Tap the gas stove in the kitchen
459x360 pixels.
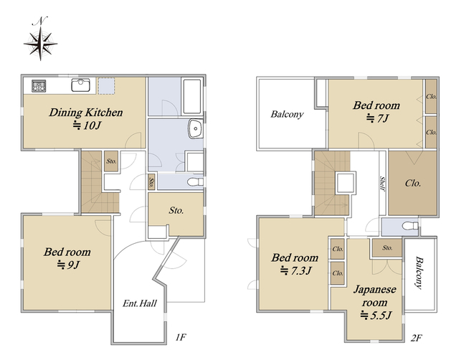(x=39, y=86)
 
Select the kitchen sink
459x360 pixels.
(x=80, y=85)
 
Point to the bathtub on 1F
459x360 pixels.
(x=192, y=96)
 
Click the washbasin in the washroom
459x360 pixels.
(x=196, y=128)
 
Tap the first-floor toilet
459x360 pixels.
(x=195, y=182)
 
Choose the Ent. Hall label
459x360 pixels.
(x=140, y=303)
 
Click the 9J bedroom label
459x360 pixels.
(x=67, y=258)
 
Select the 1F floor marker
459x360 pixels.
(x=181, y=338)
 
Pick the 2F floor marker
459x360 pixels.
(x=416, y=338)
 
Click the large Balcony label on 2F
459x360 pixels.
(x=287, y=114)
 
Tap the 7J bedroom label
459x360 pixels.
(x=377, y=111)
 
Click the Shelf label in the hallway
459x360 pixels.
(x=382, y=184)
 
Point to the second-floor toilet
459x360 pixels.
(x=410, y=226)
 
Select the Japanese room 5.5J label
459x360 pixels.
(x=375, y=303)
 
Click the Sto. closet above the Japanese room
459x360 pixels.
(x=387, y=248)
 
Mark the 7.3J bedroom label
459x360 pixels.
(x=295, y=264)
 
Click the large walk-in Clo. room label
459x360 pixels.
(x=413, y=183)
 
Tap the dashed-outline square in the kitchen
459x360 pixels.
(x=106, y=86)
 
